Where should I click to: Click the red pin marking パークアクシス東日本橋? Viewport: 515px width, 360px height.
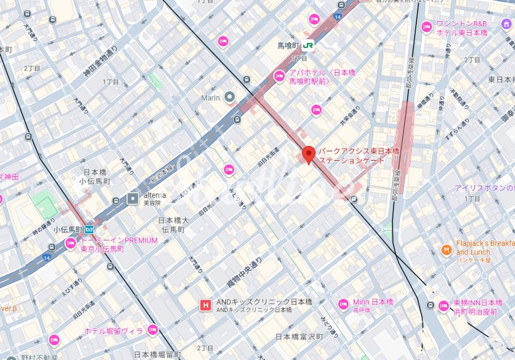click(x=309, y=154)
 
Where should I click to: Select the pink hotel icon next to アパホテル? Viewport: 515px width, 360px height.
click(x=280, y=76)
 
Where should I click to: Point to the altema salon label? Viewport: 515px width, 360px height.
click(x=154, y=195)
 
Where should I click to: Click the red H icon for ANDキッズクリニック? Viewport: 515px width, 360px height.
click(x=206, y=305)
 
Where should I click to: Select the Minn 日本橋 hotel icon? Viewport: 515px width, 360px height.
click(x=343, y=304)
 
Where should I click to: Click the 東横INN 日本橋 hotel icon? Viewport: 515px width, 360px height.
click(x=444, y=305)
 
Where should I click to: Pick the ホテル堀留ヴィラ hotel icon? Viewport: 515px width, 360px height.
click(x=153, y=331)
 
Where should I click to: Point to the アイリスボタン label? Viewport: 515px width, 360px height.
click(x=484, y=188)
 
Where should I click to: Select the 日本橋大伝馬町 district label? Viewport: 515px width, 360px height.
click(x=174, y=225)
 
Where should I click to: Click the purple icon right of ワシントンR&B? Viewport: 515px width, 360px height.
click(x=506, y=23)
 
